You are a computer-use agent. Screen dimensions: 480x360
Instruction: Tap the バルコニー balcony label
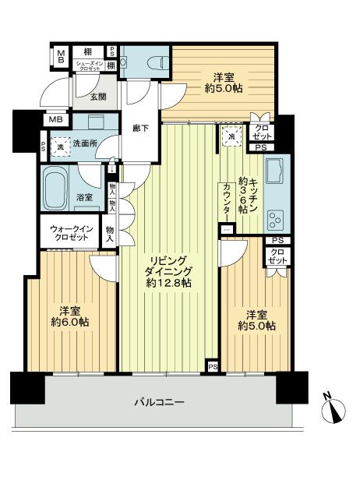[x=158, y=402]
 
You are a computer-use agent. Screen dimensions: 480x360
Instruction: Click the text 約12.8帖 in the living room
[x=167, y=283]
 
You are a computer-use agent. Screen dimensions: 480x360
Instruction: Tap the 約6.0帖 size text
[x=69, y=321]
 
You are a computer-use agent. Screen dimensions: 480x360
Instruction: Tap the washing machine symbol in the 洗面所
[x=59, y=144]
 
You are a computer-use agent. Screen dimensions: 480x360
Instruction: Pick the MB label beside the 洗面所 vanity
[x=56, y=119]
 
